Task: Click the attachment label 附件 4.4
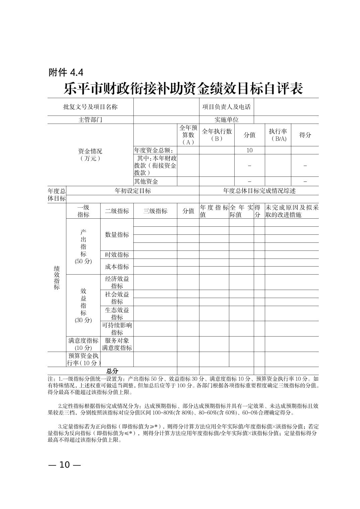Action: [66, 72]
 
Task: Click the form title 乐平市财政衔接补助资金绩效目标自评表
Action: [183, 89]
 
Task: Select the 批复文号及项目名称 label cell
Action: [91, 107]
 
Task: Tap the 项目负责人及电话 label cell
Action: [226, 107]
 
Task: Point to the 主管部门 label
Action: [91, 120]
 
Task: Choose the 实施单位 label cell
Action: [226, 120]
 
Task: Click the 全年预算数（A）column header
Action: [188, 135]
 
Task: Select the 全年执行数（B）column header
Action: [217, 135]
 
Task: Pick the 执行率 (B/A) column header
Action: [278, 135]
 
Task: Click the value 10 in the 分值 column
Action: [249, 150]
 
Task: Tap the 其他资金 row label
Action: [146, 181]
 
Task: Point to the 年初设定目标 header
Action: [133, 191]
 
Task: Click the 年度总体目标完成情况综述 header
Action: [259, 191]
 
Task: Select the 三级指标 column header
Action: [155, 211]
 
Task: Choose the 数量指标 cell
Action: [117, 235]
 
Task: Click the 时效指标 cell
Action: [117, 254]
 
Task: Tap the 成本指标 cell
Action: [117, 267]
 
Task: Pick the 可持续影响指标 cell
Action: [117, 329]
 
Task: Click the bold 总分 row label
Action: [112, 371]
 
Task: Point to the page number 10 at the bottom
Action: [64, 465]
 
